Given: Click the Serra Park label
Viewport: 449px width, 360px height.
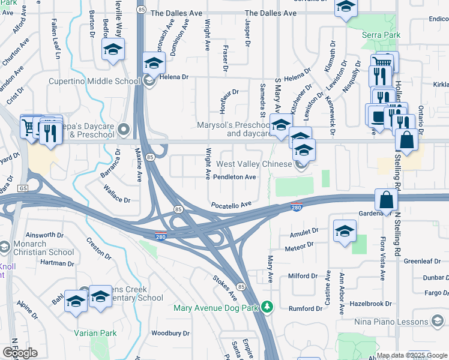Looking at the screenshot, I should click(381, 35).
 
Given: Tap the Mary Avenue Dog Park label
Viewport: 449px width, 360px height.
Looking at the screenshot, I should click(215, 308).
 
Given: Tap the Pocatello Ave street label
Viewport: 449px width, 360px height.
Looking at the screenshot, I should click(231, 205).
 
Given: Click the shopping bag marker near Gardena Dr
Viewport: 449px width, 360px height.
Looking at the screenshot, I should click(386, 199).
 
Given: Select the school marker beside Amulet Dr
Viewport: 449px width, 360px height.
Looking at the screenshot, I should click(345, 231).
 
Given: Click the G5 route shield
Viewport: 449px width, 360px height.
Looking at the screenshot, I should click(23, 188).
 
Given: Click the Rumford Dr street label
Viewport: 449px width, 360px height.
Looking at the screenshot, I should click(305, 309).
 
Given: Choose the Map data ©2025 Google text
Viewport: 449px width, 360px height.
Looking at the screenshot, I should click(412, 355).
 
